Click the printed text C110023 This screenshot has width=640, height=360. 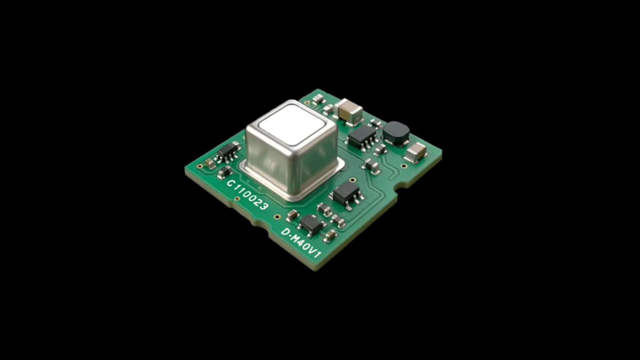tap(247, 195)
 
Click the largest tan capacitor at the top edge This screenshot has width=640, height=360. tap(348, 109)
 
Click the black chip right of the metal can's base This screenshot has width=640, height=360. tap(347, 193)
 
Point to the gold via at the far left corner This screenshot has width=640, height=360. tap(199, 166)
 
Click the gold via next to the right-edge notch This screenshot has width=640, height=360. tap(404, 166)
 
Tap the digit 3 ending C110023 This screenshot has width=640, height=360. tap(263, 206)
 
